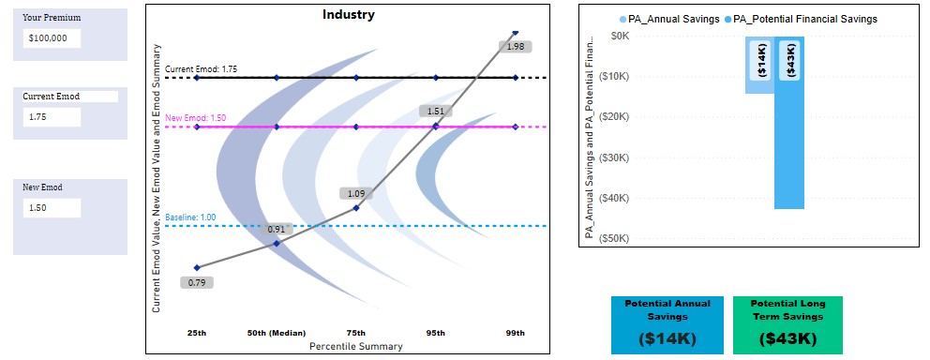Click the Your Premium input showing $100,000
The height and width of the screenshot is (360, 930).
coord(52,38)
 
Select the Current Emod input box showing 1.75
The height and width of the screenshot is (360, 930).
coord(52,117)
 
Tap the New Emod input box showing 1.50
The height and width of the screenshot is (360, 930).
coord(52,208)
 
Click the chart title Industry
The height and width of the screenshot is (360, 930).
coord(348,14)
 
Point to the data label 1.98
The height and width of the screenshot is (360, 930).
coord(515,46)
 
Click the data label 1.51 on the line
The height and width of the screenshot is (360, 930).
coord(435,112)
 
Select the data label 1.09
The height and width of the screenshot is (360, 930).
coord(355,194)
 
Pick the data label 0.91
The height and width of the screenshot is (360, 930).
coord(277,229)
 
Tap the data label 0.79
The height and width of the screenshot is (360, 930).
coord(197,282)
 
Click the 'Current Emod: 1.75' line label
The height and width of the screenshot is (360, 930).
coord(201,69)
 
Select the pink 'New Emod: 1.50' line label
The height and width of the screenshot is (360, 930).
coord(196,118)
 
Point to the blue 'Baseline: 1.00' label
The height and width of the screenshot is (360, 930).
coord(190,217)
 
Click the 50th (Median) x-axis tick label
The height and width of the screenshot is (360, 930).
coord(277,333)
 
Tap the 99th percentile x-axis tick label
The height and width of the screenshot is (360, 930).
coord(515,333)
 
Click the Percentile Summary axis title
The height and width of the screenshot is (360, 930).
coord(355,346)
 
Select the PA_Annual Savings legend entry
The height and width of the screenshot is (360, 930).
coord(668,19)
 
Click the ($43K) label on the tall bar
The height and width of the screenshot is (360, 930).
coord(789,61)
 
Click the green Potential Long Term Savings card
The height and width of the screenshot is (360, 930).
coord(787,325)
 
